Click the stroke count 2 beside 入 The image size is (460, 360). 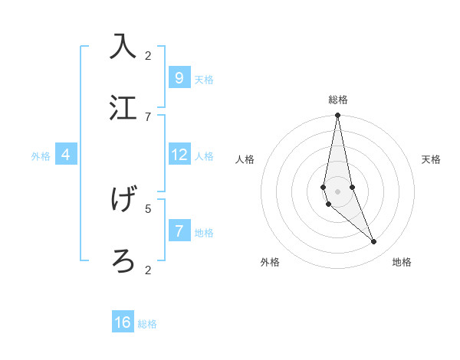point(148,55)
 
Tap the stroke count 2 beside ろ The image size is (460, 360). point(148,270)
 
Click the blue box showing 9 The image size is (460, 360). point(179,77)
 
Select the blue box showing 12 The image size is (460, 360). point(179,155)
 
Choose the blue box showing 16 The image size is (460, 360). point(123,322)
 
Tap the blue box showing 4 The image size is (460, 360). point(66,155)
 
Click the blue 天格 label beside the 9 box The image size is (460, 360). point(204,80)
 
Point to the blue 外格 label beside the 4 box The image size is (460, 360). point(41,156)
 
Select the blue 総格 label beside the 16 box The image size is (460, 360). point(147,324)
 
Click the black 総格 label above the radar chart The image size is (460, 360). point(338,100)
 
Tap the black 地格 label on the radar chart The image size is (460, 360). point(402,262)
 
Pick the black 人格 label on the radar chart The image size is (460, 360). point(245,159)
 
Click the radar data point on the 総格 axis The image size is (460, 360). point(338,116)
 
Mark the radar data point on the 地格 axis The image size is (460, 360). point(374,242)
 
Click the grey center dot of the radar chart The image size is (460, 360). point(338,191)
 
